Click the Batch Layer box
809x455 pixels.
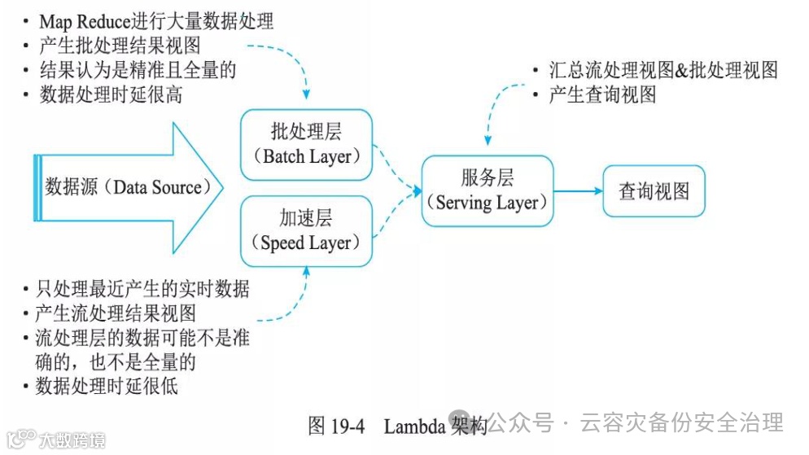pos(306,144)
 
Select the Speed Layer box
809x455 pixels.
pos(306,230)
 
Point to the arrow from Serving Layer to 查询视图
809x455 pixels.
pos(578,191)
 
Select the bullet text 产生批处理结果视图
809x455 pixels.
pos(119,46)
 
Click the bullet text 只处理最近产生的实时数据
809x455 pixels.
pos(142,289)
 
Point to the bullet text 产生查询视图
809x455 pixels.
pos(602,94)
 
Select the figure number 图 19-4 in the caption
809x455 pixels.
pos(337,426)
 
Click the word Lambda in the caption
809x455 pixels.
pos(414,426)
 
